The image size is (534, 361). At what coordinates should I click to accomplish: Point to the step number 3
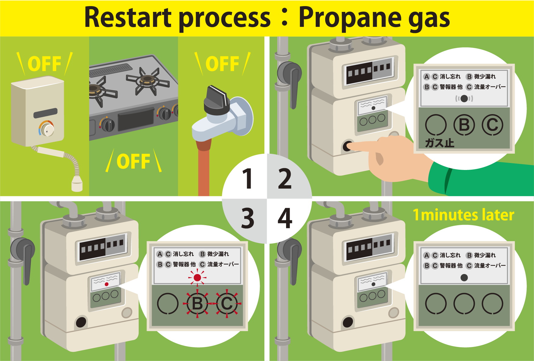[247, 218]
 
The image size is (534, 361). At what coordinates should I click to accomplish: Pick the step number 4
[285, 218]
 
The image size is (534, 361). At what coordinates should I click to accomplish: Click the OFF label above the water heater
[45, 64]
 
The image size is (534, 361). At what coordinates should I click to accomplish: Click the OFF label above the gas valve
[222, 64]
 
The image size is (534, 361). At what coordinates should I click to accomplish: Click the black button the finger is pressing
[347, 146]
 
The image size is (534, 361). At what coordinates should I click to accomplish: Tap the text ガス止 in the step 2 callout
[440, 143]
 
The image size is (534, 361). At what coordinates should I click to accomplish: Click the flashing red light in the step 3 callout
[197, 278]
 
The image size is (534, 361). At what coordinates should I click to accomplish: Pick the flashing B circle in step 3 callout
[197, 304]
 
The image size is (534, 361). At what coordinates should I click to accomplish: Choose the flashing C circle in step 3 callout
[227, 304]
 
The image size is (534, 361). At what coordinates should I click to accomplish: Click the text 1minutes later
[463, 215]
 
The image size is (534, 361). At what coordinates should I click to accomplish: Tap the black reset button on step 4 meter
[348, 322]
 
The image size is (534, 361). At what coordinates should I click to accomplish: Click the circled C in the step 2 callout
[492, 125]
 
